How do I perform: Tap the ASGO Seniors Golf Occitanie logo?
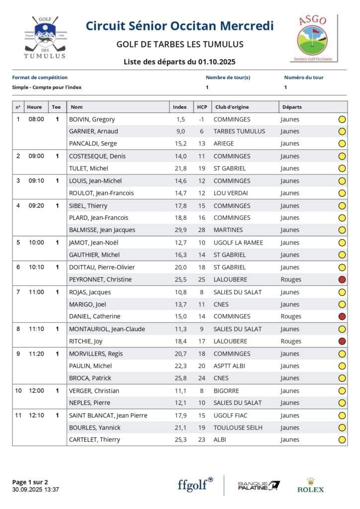pyautogui.click(x=313, y=38)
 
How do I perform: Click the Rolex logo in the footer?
pyautogui.click(x=310, y=485)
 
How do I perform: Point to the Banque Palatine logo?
pyautogui.click(x=259, y=486)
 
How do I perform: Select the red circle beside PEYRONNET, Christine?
pyautogui.click(x=342, y=279)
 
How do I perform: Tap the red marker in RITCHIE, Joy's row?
pyautogui.click(x=342, y=341)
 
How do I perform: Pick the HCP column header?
pyautogui.click(x=201, y=107)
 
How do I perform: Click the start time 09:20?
pyautogui.click(x=36, y=205)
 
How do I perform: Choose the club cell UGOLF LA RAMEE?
pyautogui.click(x=238, y=243)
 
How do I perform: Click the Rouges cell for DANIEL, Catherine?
pyautogui.click(x=291, y=317)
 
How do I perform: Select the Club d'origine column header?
pyautogui.click(x=232, y=107)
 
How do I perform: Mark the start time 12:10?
pyautogui.click(x=36, y=415)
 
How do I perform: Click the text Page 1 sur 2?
pyautogui.click(x=30, y=482)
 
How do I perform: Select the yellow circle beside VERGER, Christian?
pyautogui.click(x=342, y=391)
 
